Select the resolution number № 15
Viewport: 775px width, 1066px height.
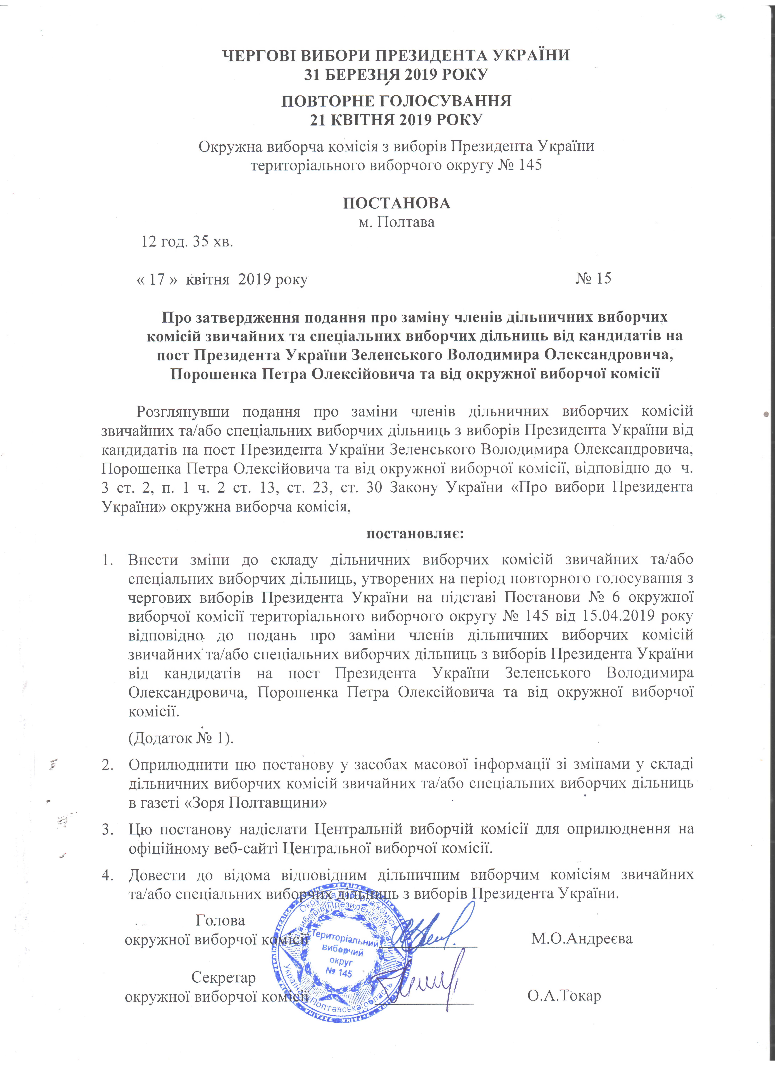pyautogui.click(x=593, y=278)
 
